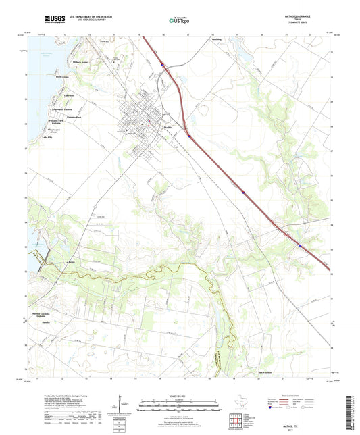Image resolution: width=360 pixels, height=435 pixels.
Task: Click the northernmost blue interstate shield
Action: pyautogui.click(x=163, y=65)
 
